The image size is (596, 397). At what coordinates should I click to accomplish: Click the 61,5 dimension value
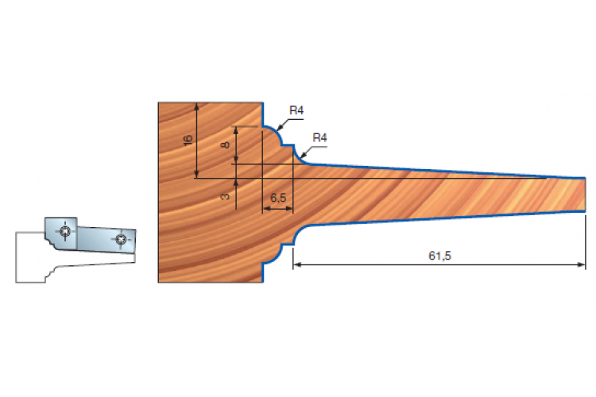(439, 256)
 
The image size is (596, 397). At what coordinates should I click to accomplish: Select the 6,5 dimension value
(278, 198)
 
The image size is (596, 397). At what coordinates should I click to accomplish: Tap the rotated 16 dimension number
(188, 140)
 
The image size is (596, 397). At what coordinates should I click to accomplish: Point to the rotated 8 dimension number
(226, 145)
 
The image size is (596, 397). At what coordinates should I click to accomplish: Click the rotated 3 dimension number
(226, 196)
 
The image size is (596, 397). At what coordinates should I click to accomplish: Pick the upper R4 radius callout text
(296, 110)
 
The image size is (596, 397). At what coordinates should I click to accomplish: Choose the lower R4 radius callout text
(319, 137)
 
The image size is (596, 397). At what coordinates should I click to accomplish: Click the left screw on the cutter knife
(65, 230)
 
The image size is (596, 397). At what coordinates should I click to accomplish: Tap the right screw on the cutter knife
(122, 239)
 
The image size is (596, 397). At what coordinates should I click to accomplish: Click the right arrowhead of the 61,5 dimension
(582, 264)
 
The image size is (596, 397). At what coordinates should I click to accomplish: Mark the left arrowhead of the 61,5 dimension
(297, 264)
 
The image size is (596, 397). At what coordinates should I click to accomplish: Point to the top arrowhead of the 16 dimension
(196, 106)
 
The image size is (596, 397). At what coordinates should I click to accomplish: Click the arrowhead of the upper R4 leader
(280, 127)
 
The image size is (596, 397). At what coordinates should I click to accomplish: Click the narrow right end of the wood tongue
(585, 194)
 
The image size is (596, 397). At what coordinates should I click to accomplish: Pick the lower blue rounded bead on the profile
(277, 254)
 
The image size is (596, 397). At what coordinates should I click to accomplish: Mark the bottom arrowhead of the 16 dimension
(196, 174)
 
